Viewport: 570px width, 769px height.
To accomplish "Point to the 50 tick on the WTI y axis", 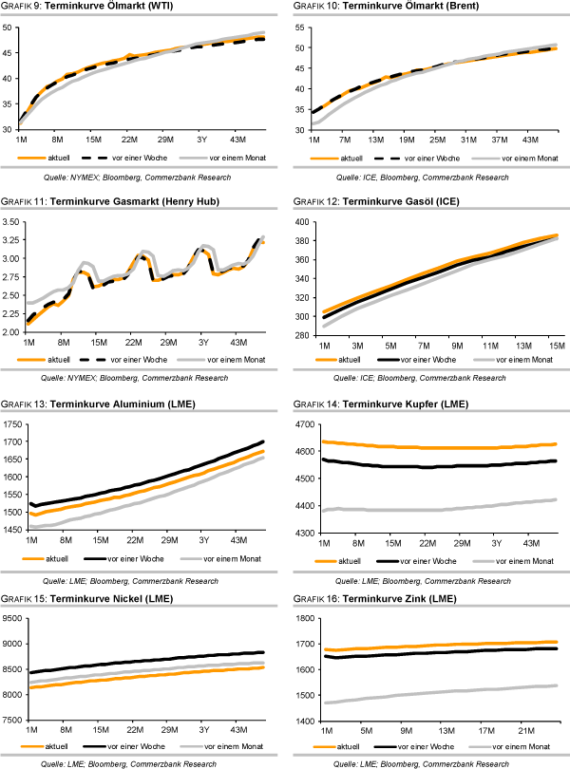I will point(10,28).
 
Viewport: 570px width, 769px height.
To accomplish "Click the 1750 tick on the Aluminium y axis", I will point(15,423).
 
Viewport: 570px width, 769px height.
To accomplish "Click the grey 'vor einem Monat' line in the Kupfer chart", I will point(437,509).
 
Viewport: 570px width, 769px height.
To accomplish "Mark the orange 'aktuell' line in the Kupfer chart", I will point(437,447).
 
